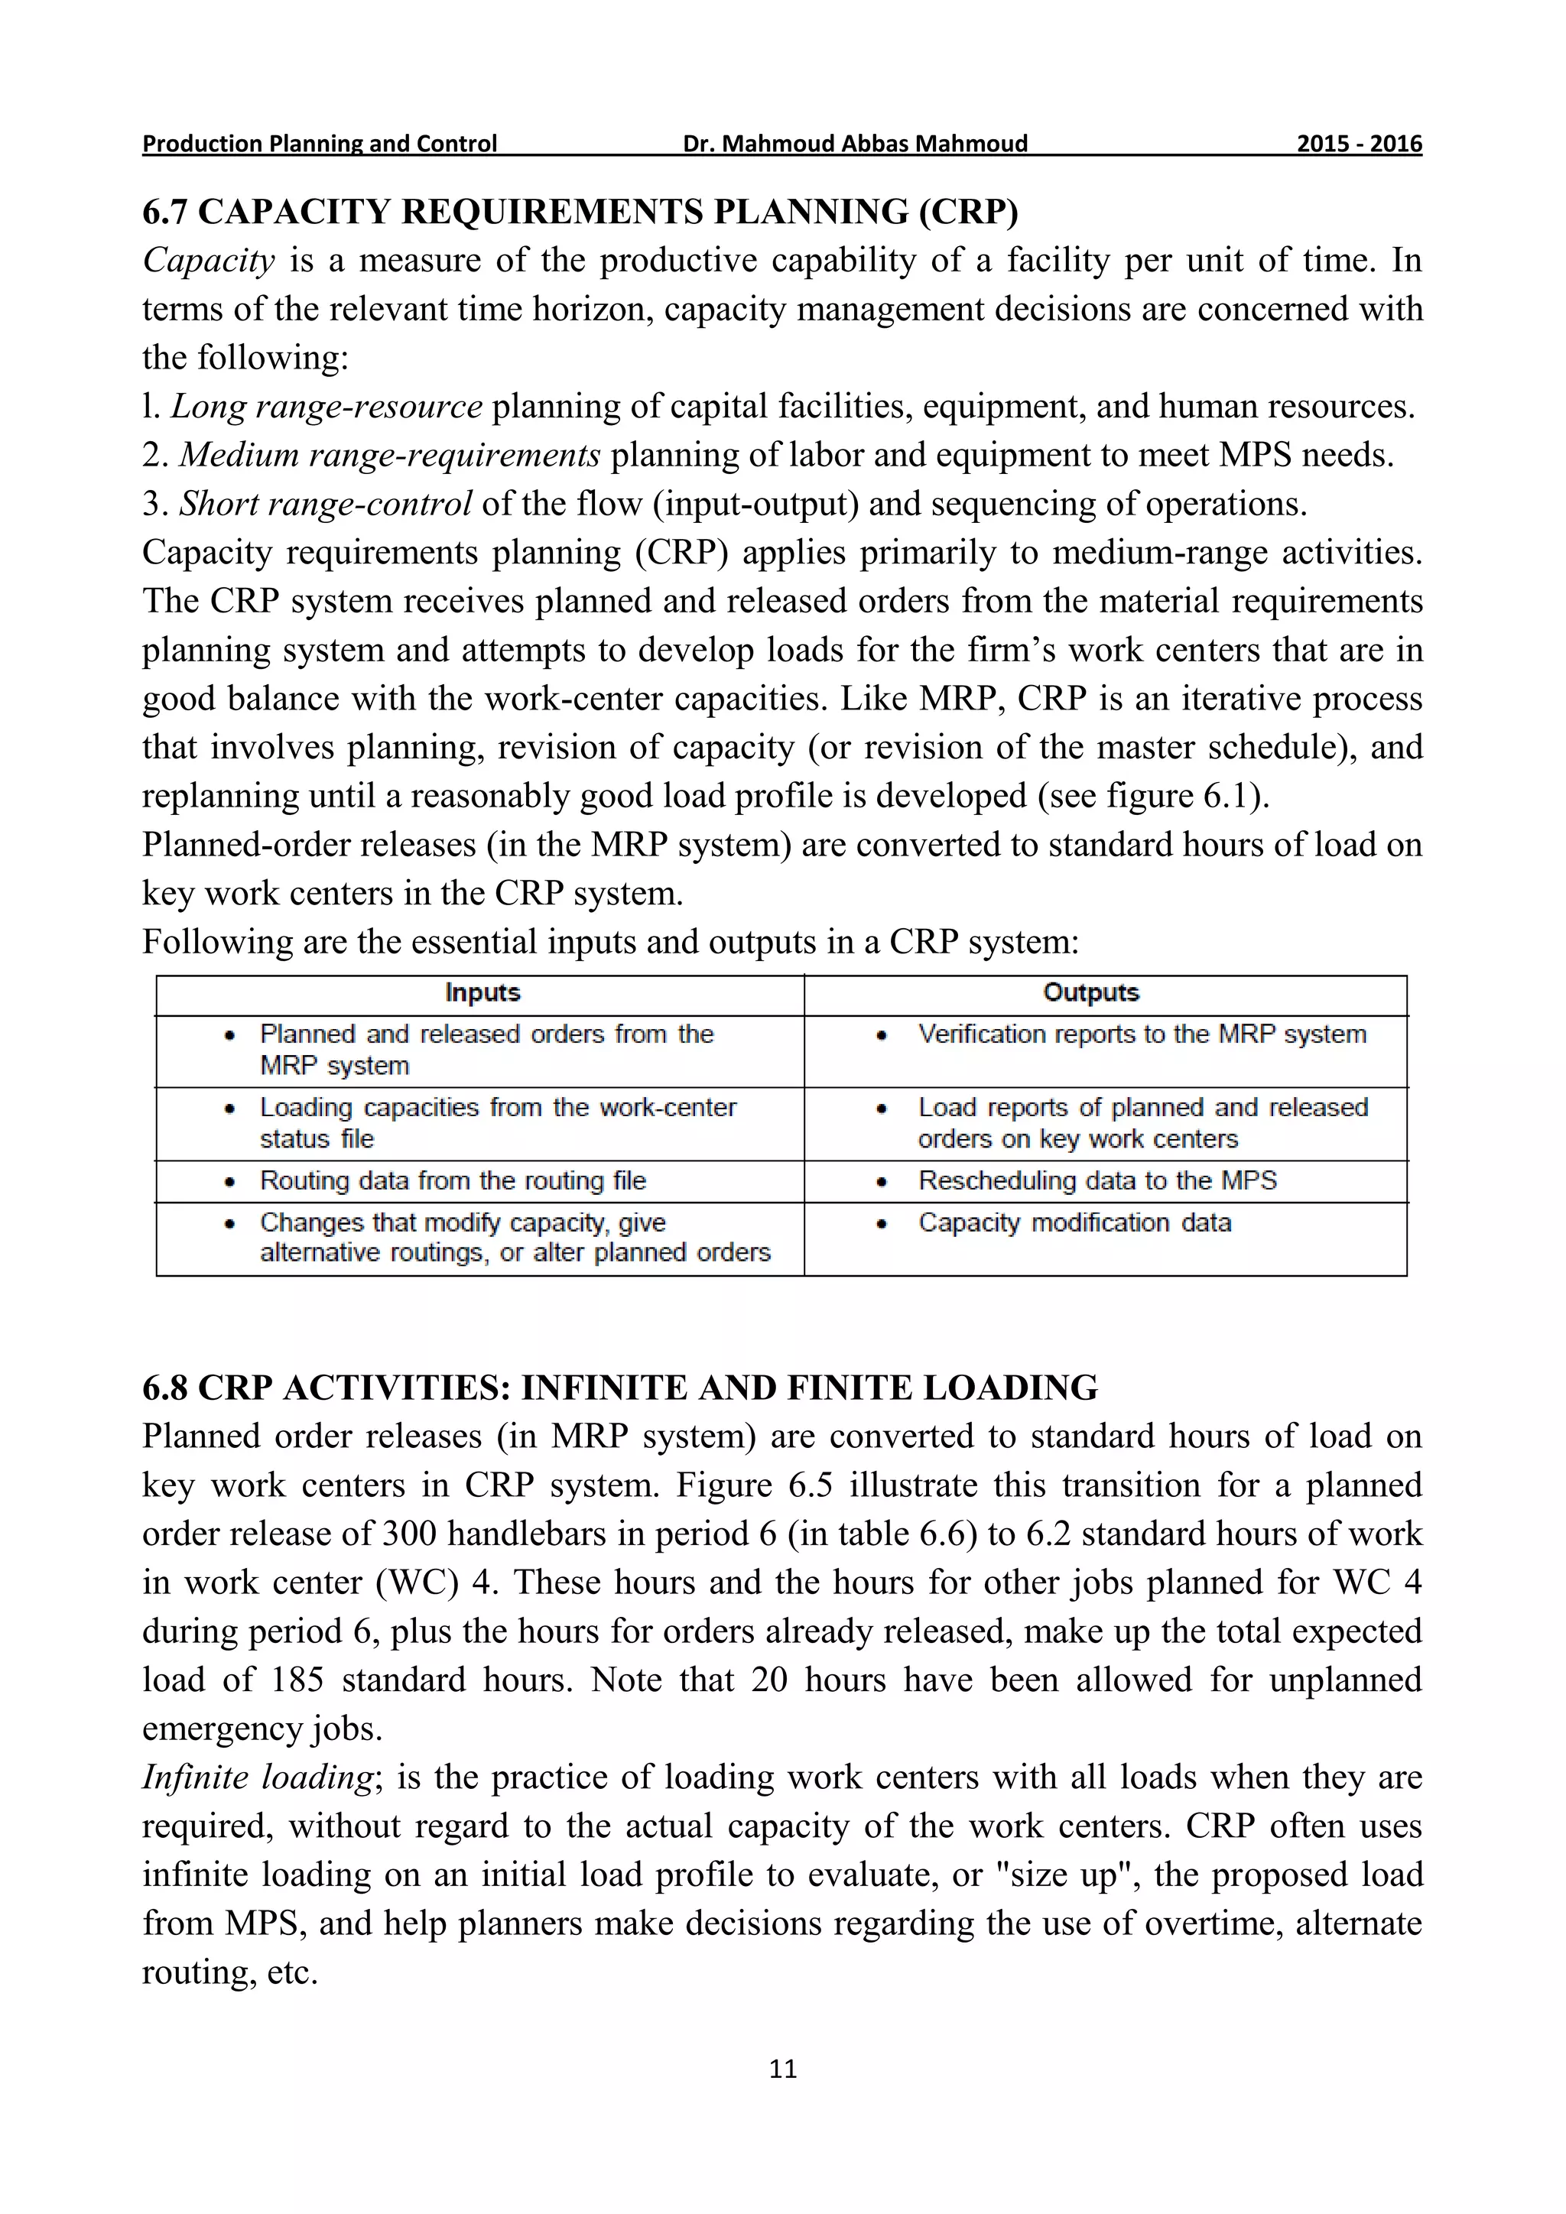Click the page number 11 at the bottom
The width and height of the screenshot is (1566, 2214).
(x=783, y=2069)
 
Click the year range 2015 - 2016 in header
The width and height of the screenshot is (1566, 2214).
(x=1359, y=144)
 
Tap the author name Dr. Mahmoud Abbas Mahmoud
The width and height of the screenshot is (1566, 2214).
(x=856, y=144)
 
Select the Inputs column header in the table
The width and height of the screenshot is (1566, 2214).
(x=482, y=993)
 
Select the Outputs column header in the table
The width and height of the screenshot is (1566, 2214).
(x=1090, y=993)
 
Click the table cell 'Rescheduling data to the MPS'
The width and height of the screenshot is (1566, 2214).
(x=1097, y=1180)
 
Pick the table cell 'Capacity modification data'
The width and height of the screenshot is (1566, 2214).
(x=1074, y=1222)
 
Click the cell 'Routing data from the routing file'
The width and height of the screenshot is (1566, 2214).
(x=452, y=1180)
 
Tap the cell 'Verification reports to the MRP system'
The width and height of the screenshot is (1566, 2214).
(x=1142, y=1034)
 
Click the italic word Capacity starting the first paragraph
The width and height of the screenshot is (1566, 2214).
(x=208, y=261)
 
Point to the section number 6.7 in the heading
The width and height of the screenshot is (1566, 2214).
(x=165, y=211)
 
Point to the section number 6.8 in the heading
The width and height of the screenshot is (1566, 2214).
(x=165, y=1388)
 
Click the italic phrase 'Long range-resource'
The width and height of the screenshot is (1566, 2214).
(x=326, y=407)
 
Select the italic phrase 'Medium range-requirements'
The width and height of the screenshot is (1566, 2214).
(x=389, y=455)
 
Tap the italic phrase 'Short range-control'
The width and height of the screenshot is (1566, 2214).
(x=325, y=503)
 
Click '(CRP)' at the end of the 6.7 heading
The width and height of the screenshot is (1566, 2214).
(x=968, y=211)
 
